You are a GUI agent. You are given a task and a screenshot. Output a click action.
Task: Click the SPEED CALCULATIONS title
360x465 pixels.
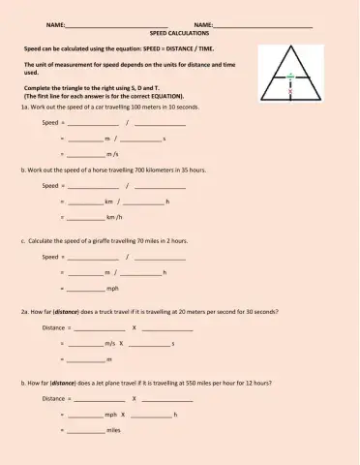pyautogui.click(x=179, y=32)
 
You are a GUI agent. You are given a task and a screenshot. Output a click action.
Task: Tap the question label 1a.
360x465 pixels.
pyautogui.click(x=25, y=108)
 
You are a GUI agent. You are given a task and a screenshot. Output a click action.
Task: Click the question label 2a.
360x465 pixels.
pyautogui.click(x=25, y=312)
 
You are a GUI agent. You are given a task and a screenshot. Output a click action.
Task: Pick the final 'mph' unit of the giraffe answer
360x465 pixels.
pyautogui.click(x=112, y=288)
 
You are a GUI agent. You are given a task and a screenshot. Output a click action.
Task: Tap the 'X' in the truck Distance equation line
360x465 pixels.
pyautogui.click(x=134, y=327)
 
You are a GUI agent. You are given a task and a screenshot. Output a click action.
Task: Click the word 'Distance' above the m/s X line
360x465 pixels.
pyautogui.click(x=53, y=327)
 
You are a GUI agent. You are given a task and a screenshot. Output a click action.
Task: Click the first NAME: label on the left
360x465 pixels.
pyautogui.click(x=55, y=23)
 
